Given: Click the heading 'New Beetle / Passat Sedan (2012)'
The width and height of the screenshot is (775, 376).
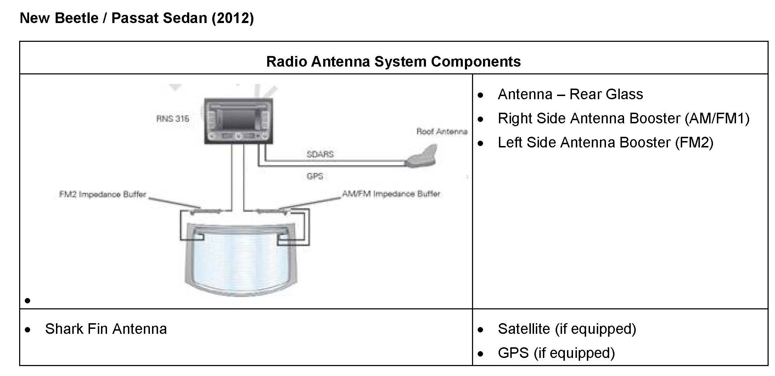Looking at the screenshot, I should (x=136, y=18).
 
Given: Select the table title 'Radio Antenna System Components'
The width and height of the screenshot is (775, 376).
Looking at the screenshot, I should (x=393, y=61).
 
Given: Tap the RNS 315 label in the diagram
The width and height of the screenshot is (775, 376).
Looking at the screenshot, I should (x=173, y=118).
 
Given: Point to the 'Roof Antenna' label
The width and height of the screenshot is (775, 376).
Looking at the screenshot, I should (x=442, y=132).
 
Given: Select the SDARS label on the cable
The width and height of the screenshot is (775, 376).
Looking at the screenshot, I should (x=320, y=154).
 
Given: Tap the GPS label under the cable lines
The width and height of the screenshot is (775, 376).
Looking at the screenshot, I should (x=315, y=176).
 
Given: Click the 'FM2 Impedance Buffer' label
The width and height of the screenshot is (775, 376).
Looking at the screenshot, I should (x=102, y=194).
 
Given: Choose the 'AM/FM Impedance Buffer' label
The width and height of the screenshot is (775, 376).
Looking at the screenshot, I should (x=391, y=194).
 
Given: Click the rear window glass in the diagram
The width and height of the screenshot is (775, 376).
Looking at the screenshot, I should (x=241, y=259).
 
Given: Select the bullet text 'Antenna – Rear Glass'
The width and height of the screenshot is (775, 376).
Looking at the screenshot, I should (x=570, y=94).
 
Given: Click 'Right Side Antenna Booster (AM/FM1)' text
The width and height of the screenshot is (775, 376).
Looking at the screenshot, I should (x=623, y=118).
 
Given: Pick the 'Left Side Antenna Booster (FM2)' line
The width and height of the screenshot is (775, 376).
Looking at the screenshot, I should (x=605, y=142).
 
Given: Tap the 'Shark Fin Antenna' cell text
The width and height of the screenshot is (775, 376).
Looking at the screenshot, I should (x=106, y=329).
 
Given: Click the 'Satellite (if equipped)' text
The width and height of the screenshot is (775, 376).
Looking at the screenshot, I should (x=567, y=329).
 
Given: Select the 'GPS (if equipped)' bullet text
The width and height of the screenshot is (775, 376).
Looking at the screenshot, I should (x=556, y=353).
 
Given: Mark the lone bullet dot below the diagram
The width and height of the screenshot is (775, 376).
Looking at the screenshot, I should (x=28, y=301).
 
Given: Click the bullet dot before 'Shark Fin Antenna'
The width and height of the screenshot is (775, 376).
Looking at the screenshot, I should (x=28, y=330).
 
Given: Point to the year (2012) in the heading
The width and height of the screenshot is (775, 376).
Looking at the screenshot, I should (x=232, y=18).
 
